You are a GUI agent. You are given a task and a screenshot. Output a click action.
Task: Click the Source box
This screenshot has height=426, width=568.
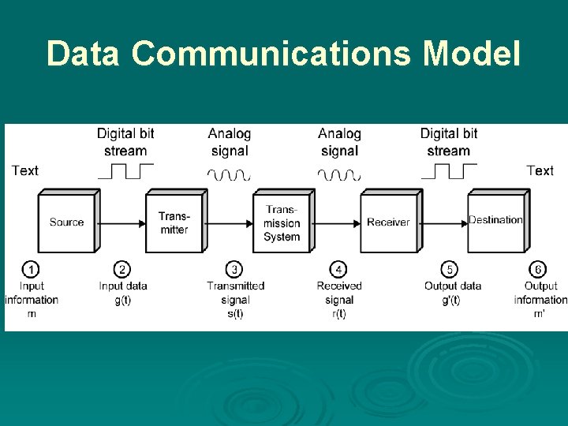pyautogui.click(x=67, y=222)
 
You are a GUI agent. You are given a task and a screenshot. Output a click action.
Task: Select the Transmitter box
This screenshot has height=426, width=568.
pyautogui.click(x=174, y=222)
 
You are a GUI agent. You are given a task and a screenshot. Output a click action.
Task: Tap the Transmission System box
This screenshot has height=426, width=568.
pyautogui.click(x=282, y=222)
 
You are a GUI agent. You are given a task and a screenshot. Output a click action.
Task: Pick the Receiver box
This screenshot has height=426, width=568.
pyautogui.click(x=388, y=222)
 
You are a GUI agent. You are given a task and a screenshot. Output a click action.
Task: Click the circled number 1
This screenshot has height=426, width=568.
pyautogui.click(x=31, y=270)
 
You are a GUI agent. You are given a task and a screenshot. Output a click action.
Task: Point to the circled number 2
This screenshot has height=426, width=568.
pyautogui.click(x=122, y=270)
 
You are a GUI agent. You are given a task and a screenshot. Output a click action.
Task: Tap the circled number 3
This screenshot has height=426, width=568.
pyautogui.click(x=234, y=270)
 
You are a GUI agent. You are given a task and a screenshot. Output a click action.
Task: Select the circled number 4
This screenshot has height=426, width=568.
pyautogui.click(x=338, y=270)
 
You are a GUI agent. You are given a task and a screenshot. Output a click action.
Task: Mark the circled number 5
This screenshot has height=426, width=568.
pyautogui.click(x=449, y=270)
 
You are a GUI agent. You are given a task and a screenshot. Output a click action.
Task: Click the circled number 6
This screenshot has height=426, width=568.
pyautogui.click(x=539, y=270)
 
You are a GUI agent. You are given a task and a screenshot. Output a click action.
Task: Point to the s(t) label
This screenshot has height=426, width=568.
pyautogui.click(x=235, y=313)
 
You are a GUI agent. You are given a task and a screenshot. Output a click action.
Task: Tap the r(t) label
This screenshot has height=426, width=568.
pyautogui.click(x=339, y=313)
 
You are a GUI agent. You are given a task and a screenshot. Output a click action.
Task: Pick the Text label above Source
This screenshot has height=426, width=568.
pyautogui.click(x=25, y=170)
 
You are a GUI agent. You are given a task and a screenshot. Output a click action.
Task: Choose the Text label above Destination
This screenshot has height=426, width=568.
pyautogui.click(x=540, y=170)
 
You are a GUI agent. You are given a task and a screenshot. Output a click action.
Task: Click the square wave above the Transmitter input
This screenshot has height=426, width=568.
pyautogui.click(x=125, y=171)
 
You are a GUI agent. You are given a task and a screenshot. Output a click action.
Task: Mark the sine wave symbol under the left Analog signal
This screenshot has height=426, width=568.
pyautogui.click(x=229, y=174)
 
